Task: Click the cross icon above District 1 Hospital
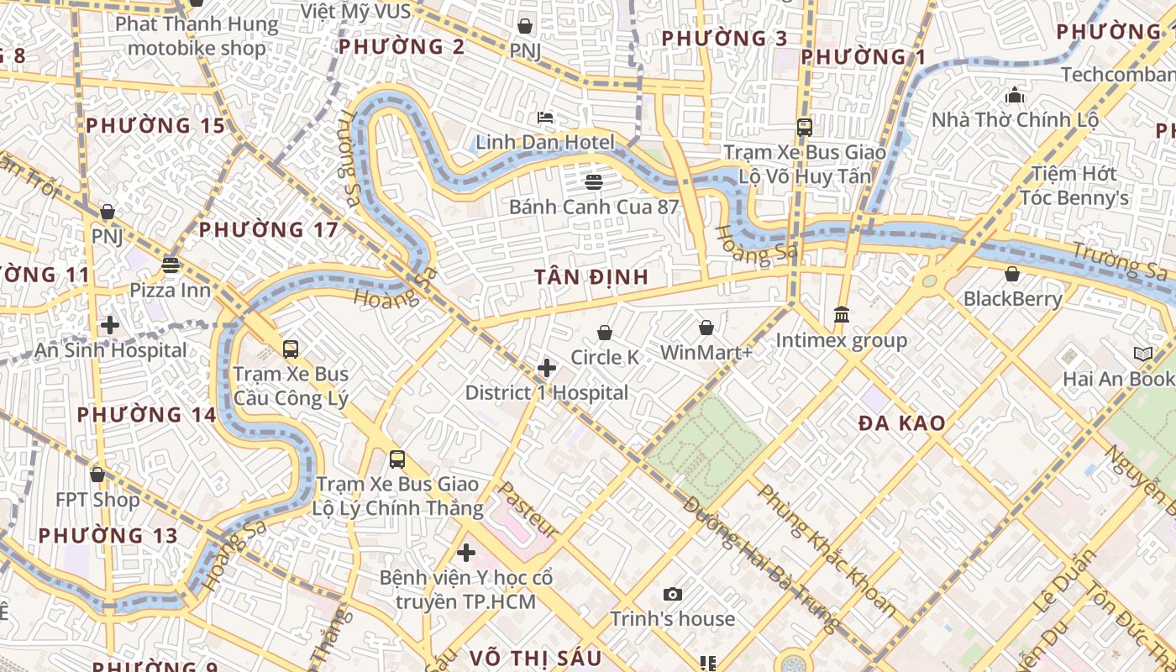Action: [547, 368]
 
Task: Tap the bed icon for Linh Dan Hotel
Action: [545, 117]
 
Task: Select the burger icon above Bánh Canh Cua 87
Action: [594, 181]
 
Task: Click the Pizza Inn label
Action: [171, 290]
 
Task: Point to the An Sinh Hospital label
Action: [111, 350]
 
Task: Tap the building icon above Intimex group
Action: [841, 315]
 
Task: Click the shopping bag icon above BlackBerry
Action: [1012, 274]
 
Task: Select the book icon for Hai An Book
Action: [1142, 354]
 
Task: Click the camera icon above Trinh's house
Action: [672, 595]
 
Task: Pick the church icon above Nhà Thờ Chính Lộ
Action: [1015, 95]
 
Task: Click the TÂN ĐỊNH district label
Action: [591, 277]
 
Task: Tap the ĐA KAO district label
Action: [902, 423]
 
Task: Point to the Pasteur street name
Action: [528, 510]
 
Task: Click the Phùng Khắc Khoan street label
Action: [827, 549]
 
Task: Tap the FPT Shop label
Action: [98, 500]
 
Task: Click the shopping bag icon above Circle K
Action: [605, 333]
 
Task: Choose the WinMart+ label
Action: [706, 352]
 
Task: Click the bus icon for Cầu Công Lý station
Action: [291, 349]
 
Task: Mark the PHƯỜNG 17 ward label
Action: [269, 229]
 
